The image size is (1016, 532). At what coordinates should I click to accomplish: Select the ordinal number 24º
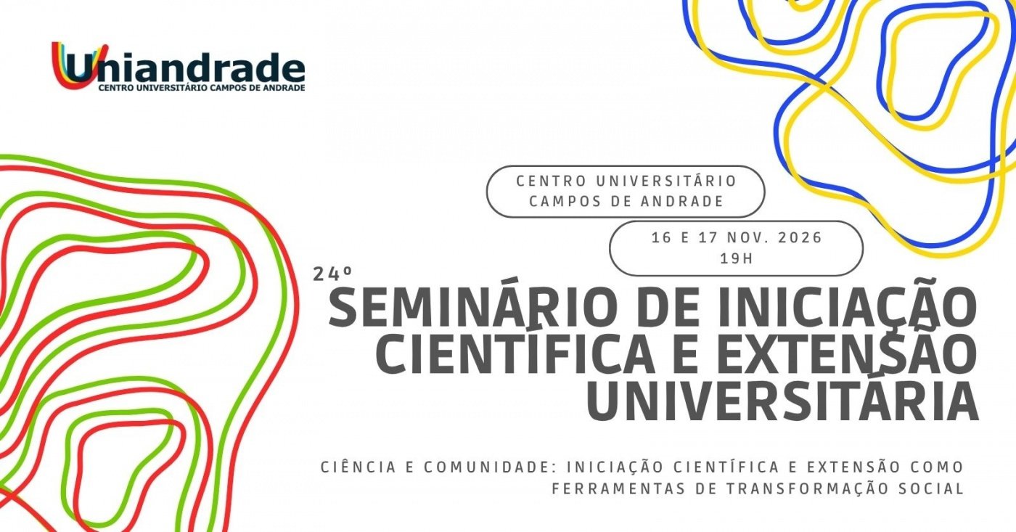click(332, 274)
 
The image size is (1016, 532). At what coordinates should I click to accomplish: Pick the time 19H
click(737, 258)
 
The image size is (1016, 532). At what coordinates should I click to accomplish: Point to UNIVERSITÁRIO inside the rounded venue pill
click(666, 181)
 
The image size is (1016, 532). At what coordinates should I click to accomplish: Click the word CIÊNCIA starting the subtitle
click(359, 467)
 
